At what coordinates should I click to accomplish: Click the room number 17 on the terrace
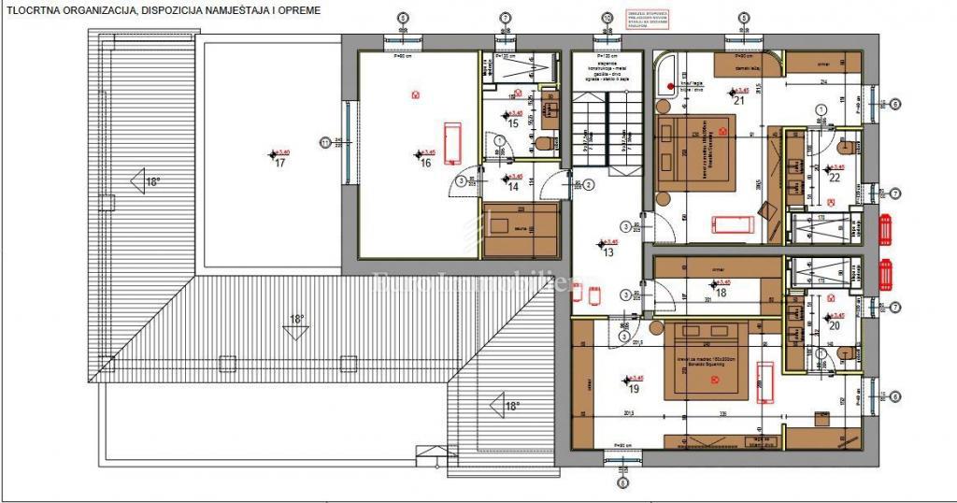(279, 162)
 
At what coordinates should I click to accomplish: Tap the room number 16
(425, 162)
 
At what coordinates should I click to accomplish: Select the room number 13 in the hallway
(607, 251)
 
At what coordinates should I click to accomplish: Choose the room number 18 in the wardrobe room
(721, 292)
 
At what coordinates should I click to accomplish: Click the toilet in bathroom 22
(846, 146)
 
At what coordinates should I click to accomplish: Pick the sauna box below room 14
(521, 229)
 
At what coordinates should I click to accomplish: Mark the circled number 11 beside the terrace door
(325, 142)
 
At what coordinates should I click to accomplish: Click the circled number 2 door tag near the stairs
(591, 183)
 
